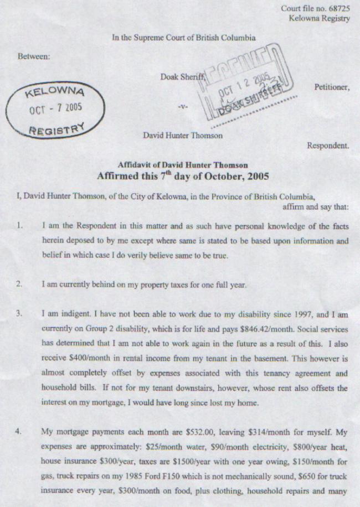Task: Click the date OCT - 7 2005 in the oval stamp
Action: pos(56,107)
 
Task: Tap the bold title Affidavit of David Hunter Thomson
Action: pos(183,165)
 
